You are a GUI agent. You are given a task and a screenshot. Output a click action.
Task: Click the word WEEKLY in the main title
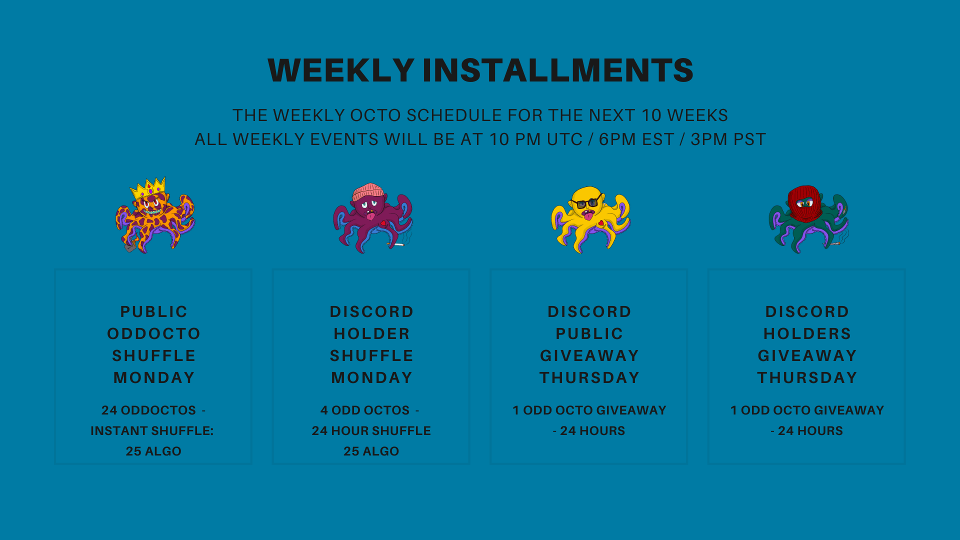341,70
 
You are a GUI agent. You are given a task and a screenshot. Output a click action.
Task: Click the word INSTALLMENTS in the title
558,70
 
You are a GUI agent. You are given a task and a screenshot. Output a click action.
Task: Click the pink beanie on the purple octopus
368,191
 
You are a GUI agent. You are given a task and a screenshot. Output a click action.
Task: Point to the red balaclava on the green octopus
804,203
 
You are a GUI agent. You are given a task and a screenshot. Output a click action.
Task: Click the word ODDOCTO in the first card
154,333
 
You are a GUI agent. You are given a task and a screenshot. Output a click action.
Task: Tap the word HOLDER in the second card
371,333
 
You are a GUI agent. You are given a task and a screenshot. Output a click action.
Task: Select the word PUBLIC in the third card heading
589,333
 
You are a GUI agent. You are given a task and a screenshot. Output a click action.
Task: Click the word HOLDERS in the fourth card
807,333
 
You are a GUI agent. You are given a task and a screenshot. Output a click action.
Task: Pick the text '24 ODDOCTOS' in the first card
148,410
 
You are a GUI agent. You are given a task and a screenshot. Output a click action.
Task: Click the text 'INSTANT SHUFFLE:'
152,430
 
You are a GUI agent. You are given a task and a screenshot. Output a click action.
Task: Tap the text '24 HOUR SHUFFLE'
371,430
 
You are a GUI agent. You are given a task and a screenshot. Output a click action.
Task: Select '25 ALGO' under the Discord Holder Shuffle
371,451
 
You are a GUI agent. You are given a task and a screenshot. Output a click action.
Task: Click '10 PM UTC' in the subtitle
536,139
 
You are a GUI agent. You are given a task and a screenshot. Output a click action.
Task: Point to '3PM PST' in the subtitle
728,139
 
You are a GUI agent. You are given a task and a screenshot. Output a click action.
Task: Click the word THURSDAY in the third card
589,377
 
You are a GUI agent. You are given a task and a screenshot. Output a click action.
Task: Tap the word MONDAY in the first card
154,377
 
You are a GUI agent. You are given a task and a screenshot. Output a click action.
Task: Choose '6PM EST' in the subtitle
636,139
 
